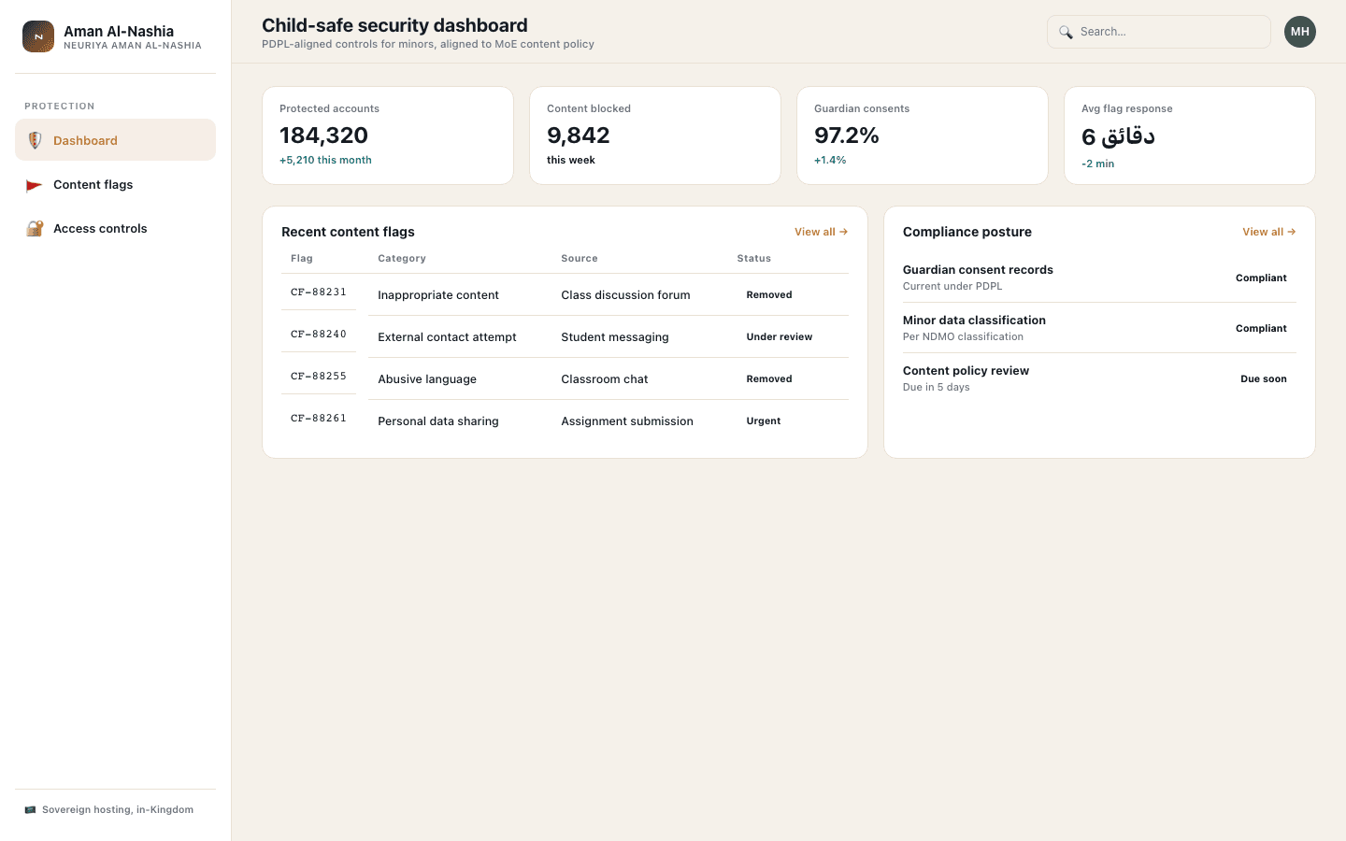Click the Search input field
[1158, 32]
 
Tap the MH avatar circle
[1299, 32]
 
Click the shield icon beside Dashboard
[35, 140]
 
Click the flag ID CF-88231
[319, 292]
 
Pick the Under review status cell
[779, 337]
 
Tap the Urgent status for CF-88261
[763, 421]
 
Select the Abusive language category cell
[426, 379]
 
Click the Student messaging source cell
[615, 337]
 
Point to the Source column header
[580, 258]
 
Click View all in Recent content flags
[821, 232]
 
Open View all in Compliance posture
[1269, 232]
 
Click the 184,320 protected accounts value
[323, 135]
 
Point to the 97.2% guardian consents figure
[846, 135]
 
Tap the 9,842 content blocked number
[578, 135]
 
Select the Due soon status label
[1263, 379]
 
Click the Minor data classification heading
[974, 321]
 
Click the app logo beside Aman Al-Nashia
[38, 36]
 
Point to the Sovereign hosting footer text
[118, 810]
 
